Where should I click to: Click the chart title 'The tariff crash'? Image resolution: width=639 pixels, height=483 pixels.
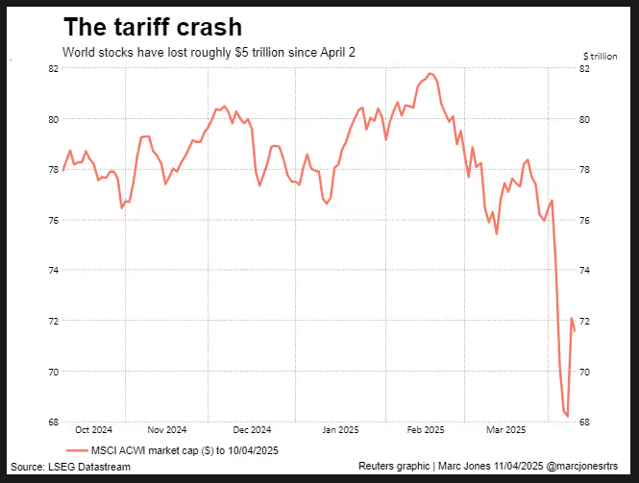pos(152,27)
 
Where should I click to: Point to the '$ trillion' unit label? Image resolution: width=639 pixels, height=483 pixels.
pos(600,56)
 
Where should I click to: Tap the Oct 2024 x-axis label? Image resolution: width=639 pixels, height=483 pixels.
pos(94,429)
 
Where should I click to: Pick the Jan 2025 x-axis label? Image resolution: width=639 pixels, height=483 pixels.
pos(341,429)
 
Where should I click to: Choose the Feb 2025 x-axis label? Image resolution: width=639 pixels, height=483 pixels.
pos(425,429)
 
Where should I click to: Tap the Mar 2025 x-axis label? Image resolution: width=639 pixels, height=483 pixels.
pos(505,429)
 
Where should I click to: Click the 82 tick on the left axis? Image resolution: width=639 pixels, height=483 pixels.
pos(55,69)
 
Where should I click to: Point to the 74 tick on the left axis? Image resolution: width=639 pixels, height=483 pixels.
pos(55,271)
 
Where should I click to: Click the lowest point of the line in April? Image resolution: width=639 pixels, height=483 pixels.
pos(568,417)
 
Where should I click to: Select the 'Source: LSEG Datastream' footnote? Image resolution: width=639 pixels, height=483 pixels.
pos(70,466)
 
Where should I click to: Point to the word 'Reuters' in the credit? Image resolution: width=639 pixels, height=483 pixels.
pos(378,466)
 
